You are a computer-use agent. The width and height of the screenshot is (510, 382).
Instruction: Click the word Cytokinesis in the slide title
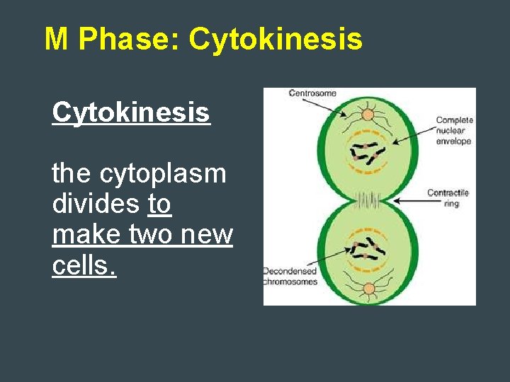pos(276,40)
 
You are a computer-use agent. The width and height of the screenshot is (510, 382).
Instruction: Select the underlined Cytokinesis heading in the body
pos(131,112)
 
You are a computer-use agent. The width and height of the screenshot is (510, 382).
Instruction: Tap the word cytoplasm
pos(163,174)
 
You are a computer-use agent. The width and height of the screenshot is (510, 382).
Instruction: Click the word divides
pos(95,204)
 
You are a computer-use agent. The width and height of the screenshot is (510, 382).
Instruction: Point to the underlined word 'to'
pos(159,204)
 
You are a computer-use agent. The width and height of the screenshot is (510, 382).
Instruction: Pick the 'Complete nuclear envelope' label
pos(453,131)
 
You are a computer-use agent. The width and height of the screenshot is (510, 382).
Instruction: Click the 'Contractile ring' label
pos(448,198)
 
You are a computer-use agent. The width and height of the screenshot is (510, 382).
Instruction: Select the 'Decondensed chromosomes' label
pos(290,277)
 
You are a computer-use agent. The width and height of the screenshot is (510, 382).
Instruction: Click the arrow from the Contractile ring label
pos(411,201)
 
